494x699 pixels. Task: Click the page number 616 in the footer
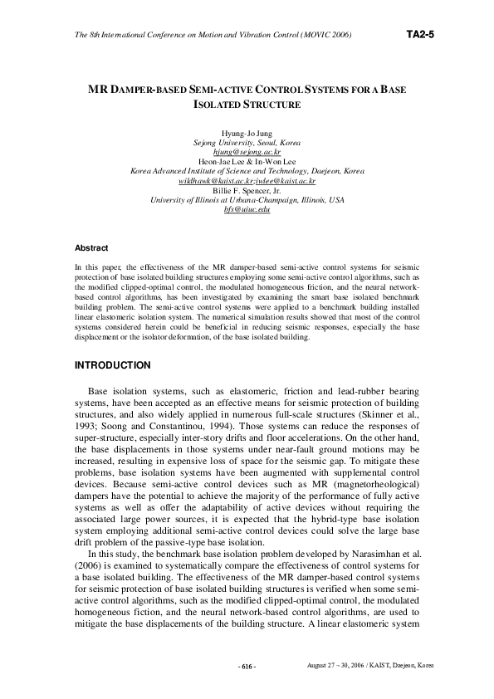[247, 667]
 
